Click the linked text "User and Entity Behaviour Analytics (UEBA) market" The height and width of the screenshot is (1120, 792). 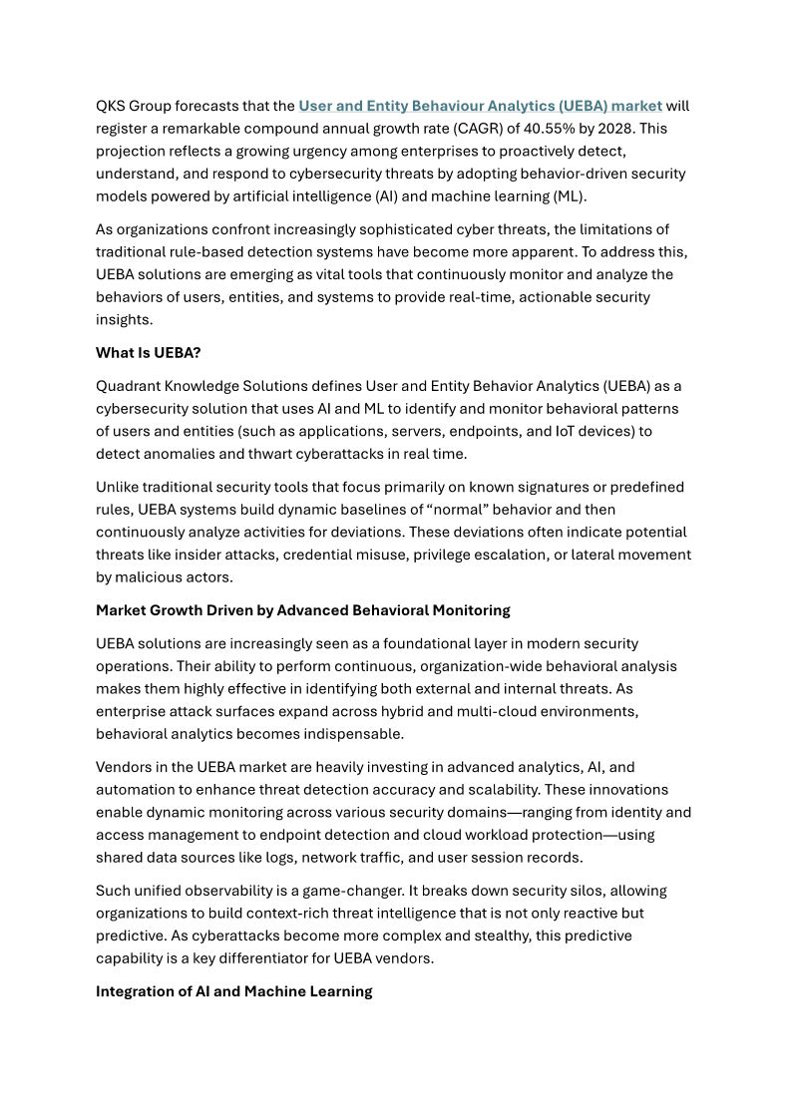pyautogui.click(x=480, y=106)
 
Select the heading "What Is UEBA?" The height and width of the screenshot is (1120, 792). pyautogui.click(x=148, y=353)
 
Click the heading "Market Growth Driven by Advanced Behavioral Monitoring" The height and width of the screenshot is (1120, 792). pyautogui.click(x=302, y=610)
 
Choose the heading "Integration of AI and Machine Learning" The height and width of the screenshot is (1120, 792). pyautogui.click(x=233, y=991)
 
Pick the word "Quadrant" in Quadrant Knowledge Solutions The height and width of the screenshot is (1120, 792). pyautogui.click(x=128, y=386)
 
